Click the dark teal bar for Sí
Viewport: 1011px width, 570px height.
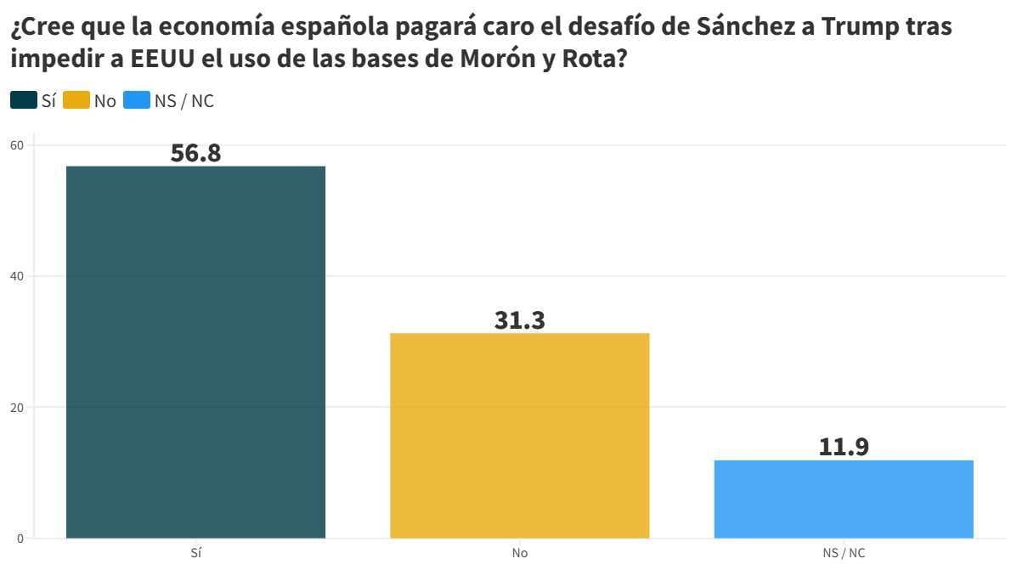[x=195, y=352]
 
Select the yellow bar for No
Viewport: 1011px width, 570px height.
[x=519, y=435]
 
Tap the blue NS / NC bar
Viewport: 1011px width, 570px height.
[x=844, y=499]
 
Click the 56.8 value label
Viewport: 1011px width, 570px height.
[x=195, y=153]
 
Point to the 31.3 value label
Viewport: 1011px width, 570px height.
[x=519, y=319]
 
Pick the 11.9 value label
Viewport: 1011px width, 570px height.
[x=844, y=447]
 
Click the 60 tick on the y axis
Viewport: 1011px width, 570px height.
[x=17, y=145]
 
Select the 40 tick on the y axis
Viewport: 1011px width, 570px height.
[x=17, y=276]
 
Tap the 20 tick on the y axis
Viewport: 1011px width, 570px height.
[x=17, y=407]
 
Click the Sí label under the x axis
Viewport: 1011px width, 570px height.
[x=195, y=553]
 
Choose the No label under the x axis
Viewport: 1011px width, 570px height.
[x=519, y=553]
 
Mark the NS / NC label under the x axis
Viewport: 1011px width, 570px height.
[x=844, y=553]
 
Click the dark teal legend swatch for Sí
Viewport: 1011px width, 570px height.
[x=23, y=100]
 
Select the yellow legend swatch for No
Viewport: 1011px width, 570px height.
[x=76, y=100]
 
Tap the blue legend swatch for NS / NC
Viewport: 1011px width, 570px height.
[x=136, y=100]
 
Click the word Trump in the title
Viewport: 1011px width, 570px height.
[x=868, y=27]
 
